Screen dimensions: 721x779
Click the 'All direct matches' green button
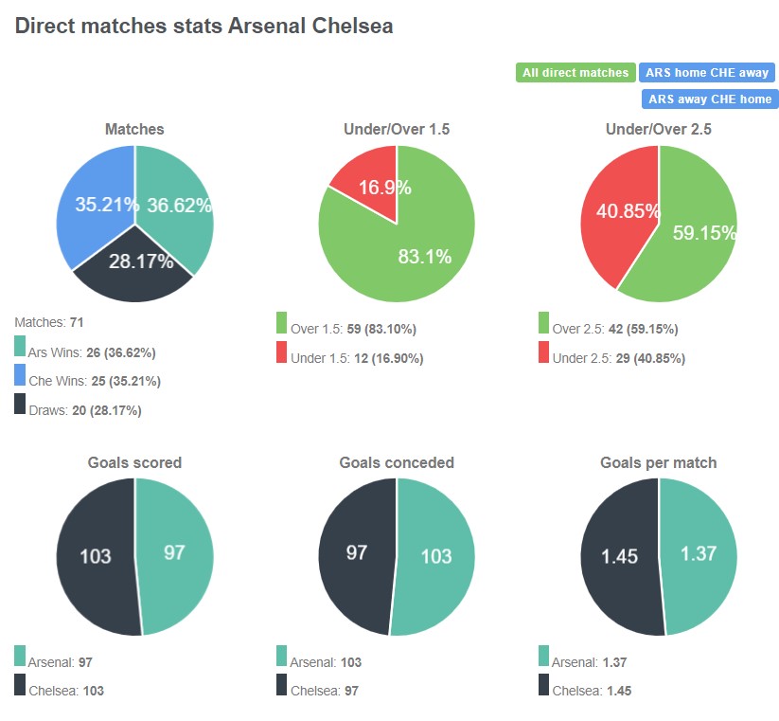pos(575,73)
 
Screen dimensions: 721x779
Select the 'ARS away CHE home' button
pos(709,99)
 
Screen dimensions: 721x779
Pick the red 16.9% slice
pos(371,180)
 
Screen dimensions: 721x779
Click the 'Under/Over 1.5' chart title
pos(397,129)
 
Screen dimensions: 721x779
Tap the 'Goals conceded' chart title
pos(397,463)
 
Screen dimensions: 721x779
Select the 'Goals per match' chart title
pos(658,463)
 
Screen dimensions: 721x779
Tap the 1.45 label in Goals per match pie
pos(619,556)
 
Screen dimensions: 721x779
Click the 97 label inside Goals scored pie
pos(174,551)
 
